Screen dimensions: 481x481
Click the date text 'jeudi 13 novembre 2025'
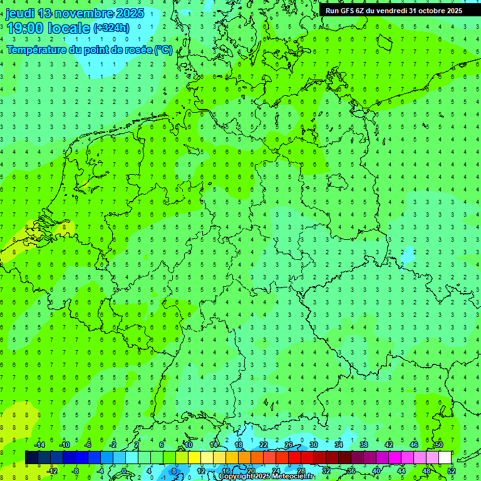pyautogui.click(x=75, y=13)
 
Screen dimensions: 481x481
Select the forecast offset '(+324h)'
pyautogui.click(x=111, y=28)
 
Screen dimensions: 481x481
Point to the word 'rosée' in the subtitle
pyautogui.click(x=137, y=49)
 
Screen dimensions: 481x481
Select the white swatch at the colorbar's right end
pyautogui.click(x=445, y=458)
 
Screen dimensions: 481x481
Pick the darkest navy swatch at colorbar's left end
pyautogui.click(x=31, y=458)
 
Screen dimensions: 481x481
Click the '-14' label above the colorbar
pyautogui.click(x=39, y=445)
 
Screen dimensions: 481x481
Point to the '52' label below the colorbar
pyautogui.click(x=451, y=471)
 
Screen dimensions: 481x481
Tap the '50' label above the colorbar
pyautogui.click(x=438, y=445)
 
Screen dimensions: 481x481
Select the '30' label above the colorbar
pyautogui.click(x=313, y=445)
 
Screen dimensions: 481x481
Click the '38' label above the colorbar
pyautogui.click(x=363, y=445)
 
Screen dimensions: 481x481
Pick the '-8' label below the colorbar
pyautogui.click(x=76, y=471)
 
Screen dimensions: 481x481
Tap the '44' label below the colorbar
pyautogui.click(x=401, y=471)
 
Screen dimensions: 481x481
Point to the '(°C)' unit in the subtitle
pyautogui.click(x=163, y=49)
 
